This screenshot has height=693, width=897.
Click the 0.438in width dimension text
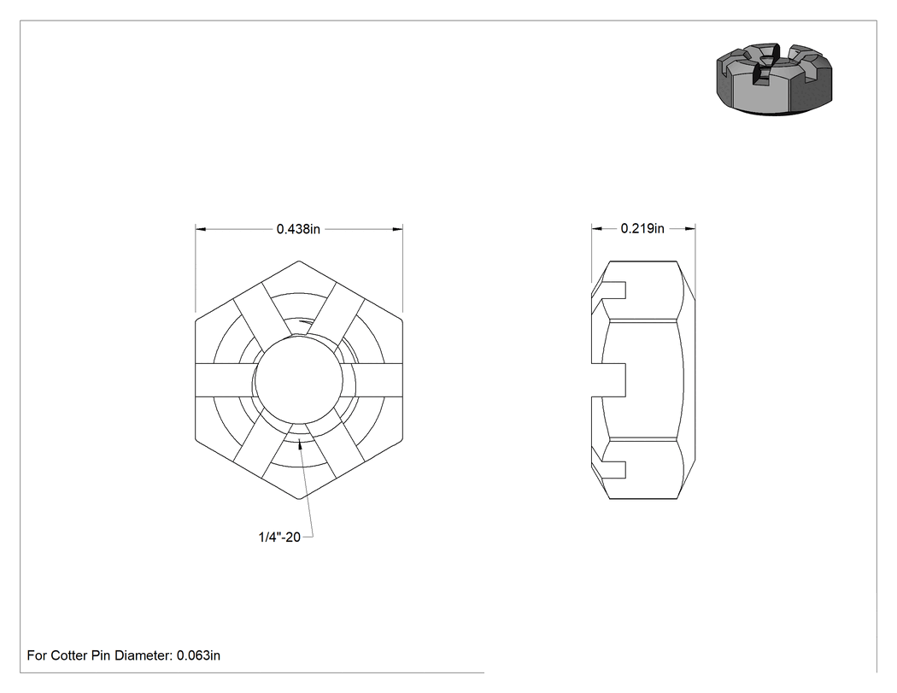pyautogui.click(x=298, y=229)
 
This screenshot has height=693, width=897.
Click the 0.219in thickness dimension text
pyautogui.click(x=642, y=228)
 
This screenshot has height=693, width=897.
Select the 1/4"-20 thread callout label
pyautogui.click(x=279, y=537)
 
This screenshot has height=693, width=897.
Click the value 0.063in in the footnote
pyautogui.click(x=198, y=655)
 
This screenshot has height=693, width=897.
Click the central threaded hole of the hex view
pyautogui.click(x=299, y=380)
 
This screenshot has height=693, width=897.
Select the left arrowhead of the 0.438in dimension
pyautogui.click(x=201, y=229)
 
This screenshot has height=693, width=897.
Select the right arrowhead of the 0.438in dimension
pyautogui.click(x=397, y=229)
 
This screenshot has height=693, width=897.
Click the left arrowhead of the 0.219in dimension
pyautogui.click(x=596, y=228)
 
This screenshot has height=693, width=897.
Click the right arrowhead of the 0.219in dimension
pyautogui.click(x=690, y=228)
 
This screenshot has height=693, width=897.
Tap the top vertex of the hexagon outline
pyautogui.click(x=299, y=261)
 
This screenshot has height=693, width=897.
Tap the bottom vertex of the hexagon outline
pyautogui.click(x=299, y=499)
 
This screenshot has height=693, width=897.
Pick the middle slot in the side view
pyautogui.click(x=608, y=380)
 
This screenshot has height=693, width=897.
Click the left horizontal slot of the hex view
pyautogui.click(x=225, y=380)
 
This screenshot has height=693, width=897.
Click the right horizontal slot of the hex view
pyautogui.click(x=373, y=380)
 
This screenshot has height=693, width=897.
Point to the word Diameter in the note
pyautogui.click(x=142, y=655)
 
